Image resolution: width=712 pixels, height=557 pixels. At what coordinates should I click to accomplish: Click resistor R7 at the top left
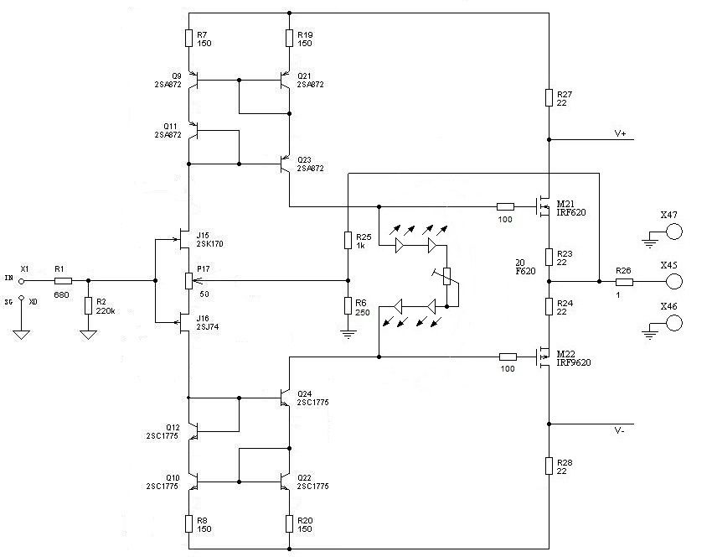tap(189, 39)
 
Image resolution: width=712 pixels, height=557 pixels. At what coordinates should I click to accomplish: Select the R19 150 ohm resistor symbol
tap(289, 39)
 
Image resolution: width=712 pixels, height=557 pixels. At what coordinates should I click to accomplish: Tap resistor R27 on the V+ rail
tap(549, 98)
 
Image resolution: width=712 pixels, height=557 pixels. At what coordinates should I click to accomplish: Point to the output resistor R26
tap(624, 282)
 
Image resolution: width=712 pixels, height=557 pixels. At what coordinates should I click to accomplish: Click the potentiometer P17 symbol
tap(189, 281)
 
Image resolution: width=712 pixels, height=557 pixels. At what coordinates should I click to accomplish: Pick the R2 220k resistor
tap(88, 305)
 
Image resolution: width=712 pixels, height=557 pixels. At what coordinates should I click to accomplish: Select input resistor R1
tap(63, 281)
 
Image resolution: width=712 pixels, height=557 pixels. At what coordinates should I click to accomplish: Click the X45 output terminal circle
tap(673, 282)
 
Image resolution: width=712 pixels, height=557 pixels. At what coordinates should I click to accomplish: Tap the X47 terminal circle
tap(673, 232)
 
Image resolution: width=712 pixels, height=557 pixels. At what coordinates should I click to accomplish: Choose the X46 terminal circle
tap(673, 323)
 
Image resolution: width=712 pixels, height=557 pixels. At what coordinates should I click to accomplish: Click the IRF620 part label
tap(571, 212)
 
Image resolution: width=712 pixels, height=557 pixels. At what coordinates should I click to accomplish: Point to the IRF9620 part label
tap(574, 362)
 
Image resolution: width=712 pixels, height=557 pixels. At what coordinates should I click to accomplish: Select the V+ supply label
tap(620, 133)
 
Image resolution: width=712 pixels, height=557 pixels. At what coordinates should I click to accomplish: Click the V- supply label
tap(619, 430)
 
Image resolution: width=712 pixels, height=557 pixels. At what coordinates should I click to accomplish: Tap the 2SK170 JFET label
tap(209, 244)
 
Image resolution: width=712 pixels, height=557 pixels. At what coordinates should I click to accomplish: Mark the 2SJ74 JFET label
tap(208, 326)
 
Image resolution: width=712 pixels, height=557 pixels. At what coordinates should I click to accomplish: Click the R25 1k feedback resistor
tap(348, 240)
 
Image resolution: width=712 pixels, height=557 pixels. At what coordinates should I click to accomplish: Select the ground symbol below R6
tap(348, 335)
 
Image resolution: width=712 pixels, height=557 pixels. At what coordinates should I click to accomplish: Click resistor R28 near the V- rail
tap(549, 466)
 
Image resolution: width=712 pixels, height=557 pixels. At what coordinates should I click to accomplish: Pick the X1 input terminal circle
tap(21, 282)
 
